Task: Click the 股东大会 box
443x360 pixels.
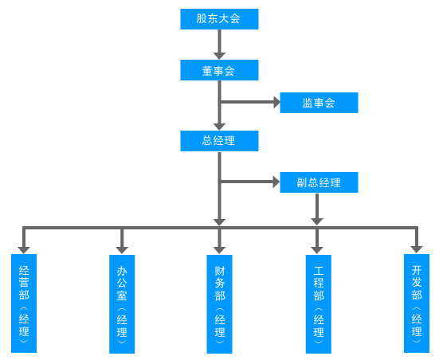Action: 219,19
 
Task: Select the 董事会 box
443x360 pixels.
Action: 219,70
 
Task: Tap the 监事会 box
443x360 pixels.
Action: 319,103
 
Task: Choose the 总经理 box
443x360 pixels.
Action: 219,141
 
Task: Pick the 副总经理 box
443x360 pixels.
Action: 319,182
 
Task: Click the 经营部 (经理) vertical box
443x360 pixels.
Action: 24,303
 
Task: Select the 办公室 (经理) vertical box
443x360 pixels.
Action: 122,304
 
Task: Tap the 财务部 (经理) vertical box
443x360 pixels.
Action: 219,304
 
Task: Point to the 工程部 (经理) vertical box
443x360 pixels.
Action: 319,304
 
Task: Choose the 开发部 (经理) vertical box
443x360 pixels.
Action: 417,303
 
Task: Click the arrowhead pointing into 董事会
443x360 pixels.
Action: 219,56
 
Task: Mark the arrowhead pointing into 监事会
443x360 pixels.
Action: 276,102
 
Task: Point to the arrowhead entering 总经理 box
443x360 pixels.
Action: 219,127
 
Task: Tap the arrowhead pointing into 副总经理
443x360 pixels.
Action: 276,182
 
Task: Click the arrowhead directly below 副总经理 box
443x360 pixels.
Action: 317,221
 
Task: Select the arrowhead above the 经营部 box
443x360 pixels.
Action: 24,250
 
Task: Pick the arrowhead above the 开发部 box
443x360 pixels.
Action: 417,249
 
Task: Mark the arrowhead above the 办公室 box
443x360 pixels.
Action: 122,250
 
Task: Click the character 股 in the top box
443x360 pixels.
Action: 202,19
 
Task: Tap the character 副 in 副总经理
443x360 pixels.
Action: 302,182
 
